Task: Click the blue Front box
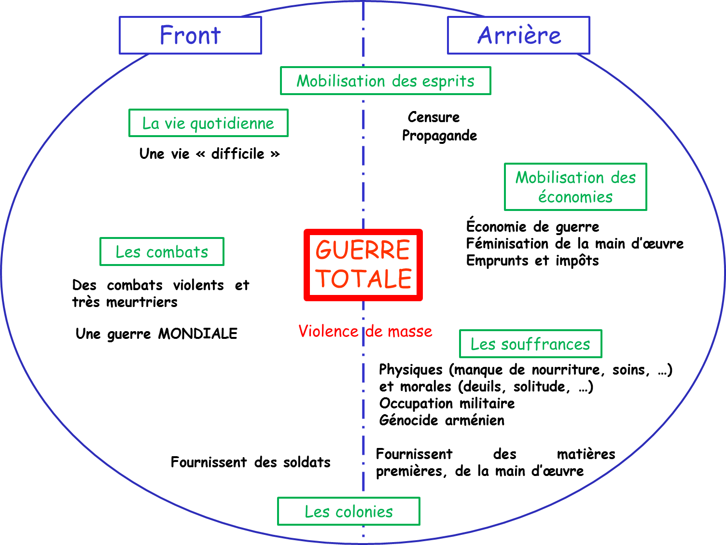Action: [190, 35]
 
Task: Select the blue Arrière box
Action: [518, 35]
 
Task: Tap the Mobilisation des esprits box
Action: [385, 81]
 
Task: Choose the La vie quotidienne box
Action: [208, 123]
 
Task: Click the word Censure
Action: [433, 117]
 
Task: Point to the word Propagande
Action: [439, 136]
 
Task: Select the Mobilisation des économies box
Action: [575, 187]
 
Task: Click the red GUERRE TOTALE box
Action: [363, 265]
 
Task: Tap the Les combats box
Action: [162, 252]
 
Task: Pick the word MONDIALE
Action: [198, 334]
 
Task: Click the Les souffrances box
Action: [530, 344]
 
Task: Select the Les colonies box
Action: [349, 511]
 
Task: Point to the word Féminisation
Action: [507, 243]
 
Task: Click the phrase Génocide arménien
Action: [442, 420]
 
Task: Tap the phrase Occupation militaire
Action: [447, 403]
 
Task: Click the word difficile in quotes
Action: [237, 154]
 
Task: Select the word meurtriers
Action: [141, 302]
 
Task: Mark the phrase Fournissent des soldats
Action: [251, 462]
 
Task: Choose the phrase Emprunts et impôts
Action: [532, 261]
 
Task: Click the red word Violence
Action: [328, 331]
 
